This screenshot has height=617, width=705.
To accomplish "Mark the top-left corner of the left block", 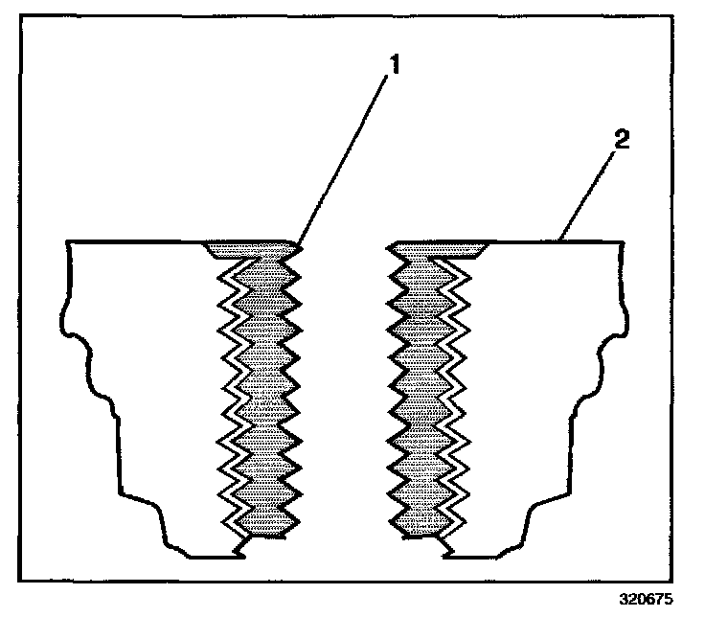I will [x=66, y=243].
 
